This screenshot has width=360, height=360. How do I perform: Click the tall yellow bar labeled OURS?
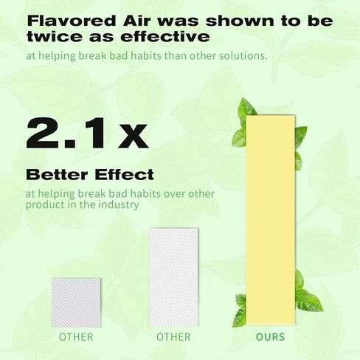[x=271, y=220]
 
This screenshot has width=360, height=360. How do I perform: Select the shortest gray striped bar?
[x=76, y=302]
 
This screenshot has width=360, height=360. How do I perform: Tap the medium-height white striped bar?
[x=173, y=277]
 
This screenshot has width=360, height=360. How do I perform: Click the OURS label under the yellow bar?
[x=270, y=336]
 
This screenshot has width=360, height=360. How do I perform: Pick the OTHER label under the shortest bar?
[x=76, y=336]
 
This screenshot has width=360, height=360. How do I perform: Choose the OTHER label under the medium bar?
[x=173, y=336]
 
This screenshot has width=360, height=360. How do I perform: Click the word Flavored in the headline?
[x=72, y=21]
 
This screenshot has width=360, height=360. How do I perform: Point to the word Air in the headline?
[x=136, y=21]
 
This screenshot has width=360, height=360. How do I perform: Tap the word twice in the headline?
[x=55, y=37]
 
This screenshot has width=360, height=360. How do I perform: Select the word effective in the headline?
[x=165, y=37]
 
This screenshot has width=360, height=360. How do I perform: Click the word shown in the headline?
[x=240, y=21]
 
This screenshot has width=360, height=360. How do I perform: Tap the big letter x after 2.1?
[x=134, y=136]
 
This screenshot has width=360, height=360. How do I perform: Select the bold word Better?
[x=57, y=175]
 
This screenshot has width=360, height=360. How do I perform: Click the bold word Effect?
[x=124, y=175]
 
